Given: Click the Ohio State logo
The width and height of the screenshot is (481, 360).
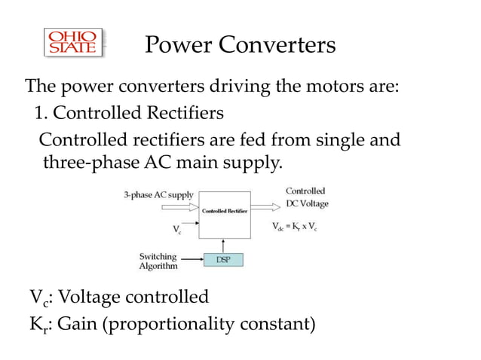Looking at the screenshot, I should (73, 44).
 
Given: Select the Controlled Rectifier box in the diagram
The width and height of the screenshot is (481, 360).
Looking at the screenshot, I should (225, 212).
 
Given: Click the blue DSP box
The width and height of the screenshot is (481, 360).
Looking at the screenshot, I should (224, 259).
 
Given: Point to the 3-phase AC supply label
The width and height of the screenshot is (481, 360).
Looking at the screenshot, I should (158, 194).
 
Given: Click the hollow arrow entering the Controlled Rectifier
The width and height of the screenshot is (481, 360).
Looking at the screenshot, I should (186, 204).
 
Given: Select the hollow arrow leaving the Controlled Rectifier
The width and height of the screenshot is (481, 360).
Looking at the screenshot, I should (264, 204).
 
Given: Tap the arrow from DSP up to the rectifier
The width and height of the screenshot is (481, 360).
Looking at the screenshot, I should (224, 244).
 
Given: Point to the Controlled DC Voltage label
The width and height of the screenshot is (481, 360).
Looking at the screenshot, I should (306, 197).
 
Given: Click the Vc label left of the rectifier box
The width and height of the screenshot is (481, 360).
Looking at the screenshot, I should (177, 231).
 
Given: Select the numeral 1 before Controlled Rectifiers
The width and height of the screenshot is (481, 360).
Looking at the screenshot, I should (39, 114).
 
